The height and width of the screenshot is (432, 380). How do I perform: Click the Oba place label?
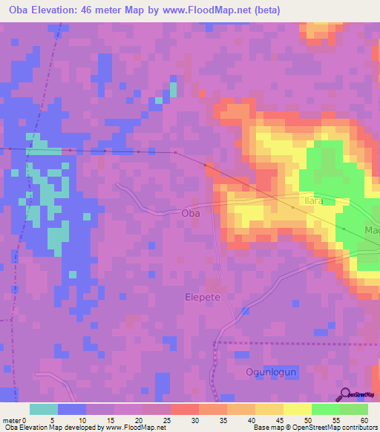(191, 213)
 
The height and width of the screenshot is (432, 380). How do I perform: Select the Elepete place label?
(203, 296)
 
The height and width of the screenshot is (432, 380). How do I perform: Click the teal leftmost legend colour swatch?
(44, 408)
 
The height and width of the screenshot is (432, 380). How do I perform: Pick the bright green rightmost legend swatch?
(354, 408)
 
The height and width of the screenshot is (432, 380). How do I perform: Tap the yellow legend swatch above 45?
(269, 408)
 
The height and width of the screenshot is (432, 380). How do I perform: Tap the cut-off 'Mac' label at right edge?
(372, 231)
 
